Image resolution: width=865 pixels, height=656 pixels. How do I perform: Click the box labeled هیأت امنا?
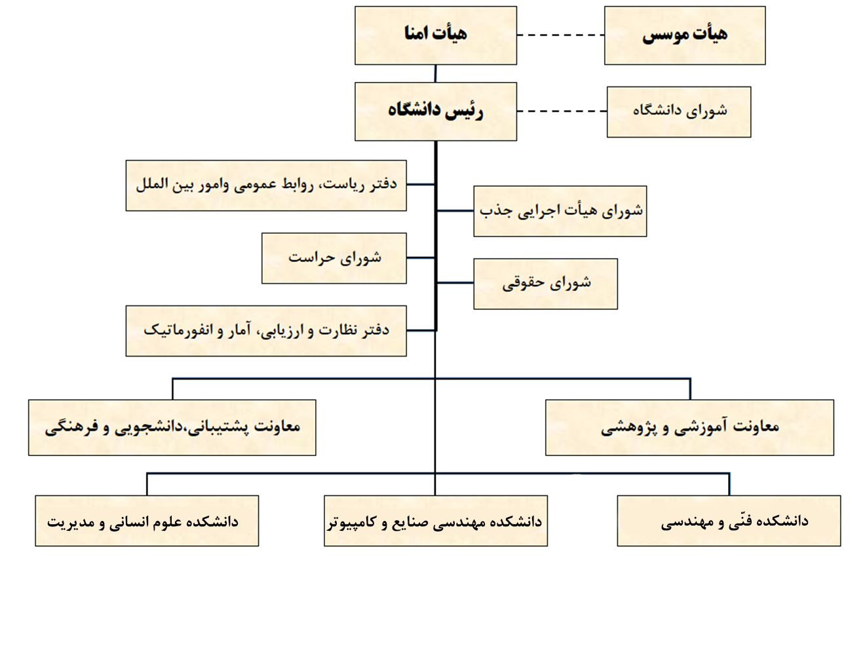click(x=436, y=35)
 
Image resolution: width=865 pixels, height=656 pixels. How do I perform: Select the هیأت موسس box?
click(x=685, y=35)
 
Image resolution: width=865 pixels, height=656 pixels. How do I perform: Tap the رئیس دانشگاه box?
click(x=436, y=111)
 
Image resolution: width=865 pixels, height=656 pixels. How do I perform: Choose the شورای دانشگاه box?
click(x=679, y=112)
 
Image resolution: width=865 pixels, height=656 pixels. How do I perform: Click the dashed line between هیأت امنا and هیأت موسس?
click(x=560, y=35)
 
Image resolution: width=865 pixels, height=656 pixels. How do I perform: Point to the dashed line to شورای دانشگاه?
click(x=562, y=111)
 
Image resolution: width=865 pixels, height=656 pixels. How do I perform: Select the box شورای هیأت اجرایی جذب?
click(x=560, y=211)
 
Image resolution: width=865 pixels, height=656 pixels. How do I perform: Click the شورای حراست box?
click(x=334, y=258)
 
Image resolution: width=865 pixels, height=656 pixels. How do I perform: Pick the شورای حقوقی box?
click(x=545, y=284)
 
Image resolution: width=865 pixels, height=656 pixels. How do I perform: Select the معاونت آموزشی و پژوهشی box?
click(x=689, y=427)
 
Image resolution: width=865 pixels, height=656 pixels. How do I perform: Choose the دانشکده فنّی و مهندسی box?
click(x=729, y=520)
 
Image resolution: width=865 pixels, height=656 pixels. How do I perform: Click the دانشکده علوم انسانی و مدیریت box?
click(x=147, y=520)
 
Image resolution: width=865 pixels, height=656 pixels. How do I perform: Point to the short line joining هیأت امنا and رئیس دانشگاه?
click(x=436, y=73)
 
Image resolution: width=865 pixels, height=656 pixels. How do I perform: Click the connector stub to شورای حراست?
click(x=421, y=258)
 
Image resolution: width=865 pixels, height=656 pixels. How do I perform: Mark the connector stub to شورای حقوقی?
click(x=455, y=282)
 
